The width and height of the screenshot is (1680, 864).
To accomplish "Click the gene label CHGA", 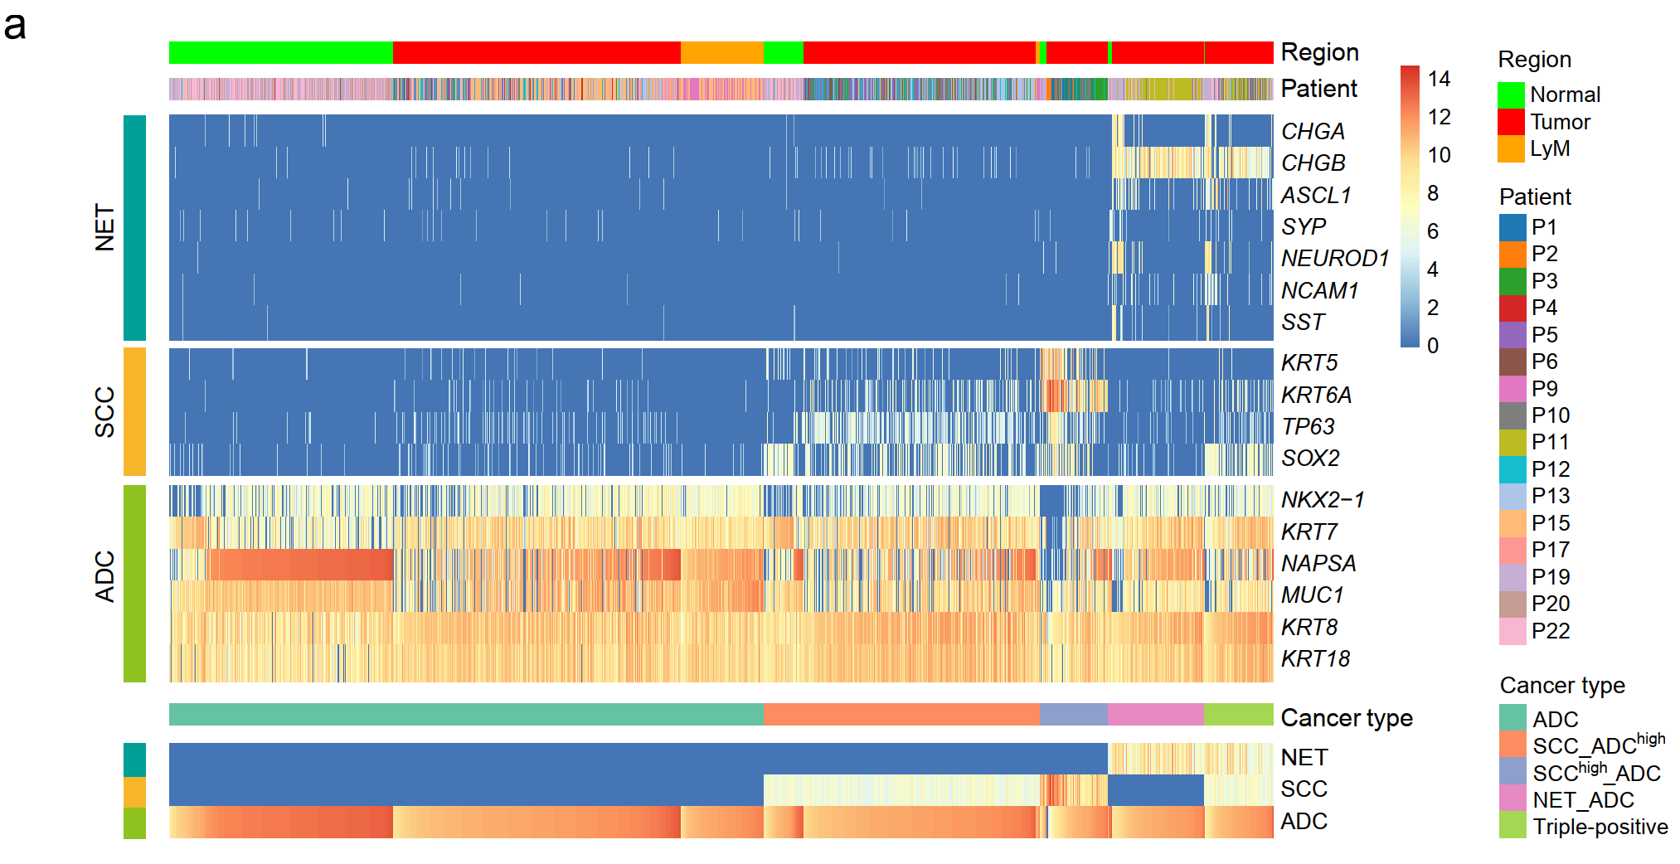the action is [x=1313, y=131].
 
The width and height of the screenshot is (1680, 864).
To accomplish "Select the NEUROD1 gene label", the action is [x=1335, y=259].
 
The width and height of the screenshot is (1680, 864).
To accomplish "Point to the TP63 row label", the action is [x=1308, y=426].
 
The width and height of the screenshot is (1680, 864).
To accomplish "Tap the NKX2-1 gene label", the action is [x=1323, y=499].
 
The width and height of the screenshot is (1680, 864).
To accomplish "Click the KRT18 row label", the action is [x=1316, y=658].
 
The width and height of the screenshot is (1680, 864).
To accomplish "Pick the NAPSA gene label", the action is [x=1318, y=563].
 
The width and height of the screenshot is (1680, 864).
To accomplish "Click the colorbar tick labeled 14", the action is [x=1439, y=79].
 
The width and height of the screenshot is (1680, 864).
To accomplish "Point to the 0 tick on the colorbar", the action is [x=1433, y=345].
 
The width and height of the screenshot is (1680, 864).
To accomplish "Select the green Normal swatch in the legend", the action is [x=1511, y=95].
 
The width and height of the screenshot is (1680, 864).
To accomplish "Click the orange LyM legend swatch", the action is [x=1511, y=149].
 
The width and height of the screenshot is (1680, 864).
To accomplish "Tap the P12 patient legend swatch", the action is [x=1512, y=469].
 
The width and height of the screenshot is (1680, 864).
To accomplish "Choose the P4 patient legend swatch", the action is [x=1512, y=308].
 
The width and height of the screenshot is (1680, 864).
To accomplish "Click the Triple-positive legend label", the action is [x=1600, y=827].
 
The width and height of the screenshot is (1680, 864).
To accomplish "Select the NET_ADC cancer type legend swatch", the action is [x=1512, y=798].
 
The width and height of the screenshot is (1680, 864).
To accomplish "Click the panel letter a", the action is [x=15, y=27].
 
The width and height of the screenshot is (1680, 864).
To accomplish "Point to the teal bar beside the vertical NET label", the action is [x=134, y=228].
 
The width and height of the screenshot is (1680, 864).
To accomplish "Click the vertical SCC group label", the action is [x=104, y=412].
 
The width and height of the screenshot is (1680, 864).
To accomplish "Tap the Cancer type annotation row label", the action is [x=1347, y=717].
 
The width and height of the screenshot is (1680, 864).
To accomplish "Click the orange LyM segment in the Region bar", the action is [x=721, y=52].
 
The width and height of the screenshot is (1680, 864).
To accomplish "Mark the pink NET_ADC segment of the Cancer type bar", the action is [x=1155, y=714].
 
